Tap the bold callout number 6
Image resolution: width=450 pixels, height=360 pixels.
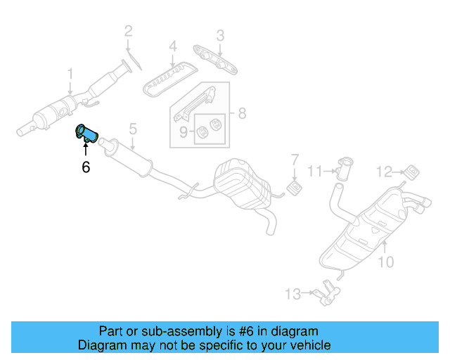86,167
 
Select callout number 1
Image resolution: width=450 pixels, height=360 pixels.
70,74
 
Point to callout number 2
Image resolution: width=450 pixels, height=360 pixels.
128,30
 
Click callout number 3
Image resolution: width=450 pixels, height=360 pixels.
220,34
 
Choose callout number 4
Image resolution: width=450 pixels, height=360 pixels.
172,48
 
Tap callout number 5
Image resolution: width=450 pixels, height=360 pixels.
132,129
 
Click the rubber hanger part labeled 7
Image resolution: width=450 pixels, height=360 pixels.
295,188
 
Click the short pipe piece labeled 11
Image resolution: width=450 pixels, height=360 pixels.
345,169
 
